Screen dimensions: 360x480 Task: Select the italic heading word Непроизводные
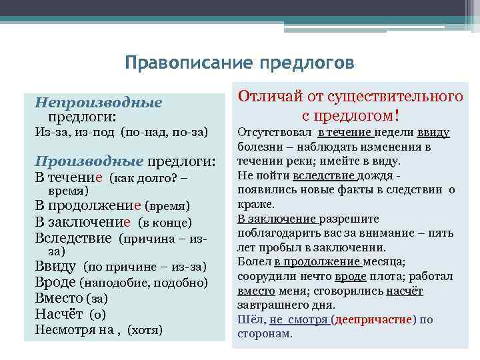pos(99,103)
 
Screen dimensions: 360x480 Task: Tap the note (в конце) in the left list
pos(165,223)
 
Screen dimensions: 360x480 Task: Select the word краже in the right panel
pos(253,204)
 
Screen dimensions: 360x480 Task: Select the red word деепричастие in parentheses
pos(373,319)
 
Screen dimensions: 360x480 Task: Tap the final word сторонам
pos(264,334)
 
